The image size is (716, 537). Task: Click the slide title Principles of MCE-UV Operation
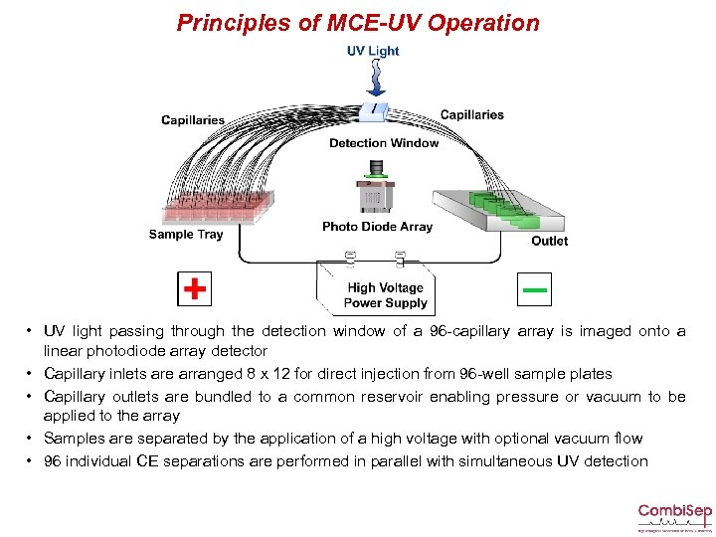pyautogui.click(x=358, y=23)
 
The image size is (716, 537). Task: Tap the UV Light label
pyautogui.click(x=372, y=51)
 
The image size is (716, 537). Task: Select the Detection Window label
pyautogui.click(x=383, y=143)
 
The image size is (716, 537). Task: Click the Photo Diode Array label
pyautogui.click(x=377, y=227)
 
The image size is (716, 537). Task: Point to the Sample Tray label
pyautogui.click(x=185, y=235)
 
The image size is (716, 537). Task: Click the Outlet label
pyautogui.click(x=549, y=241)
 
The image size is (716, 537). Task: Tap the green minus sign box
pyautogui.click(x=535, y=289)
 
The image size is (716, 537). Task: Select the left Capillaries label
pyautogui.click(x=193, y=120)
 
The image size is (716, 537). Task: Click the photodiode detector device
pyautogui.click(x=374, y=196)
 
